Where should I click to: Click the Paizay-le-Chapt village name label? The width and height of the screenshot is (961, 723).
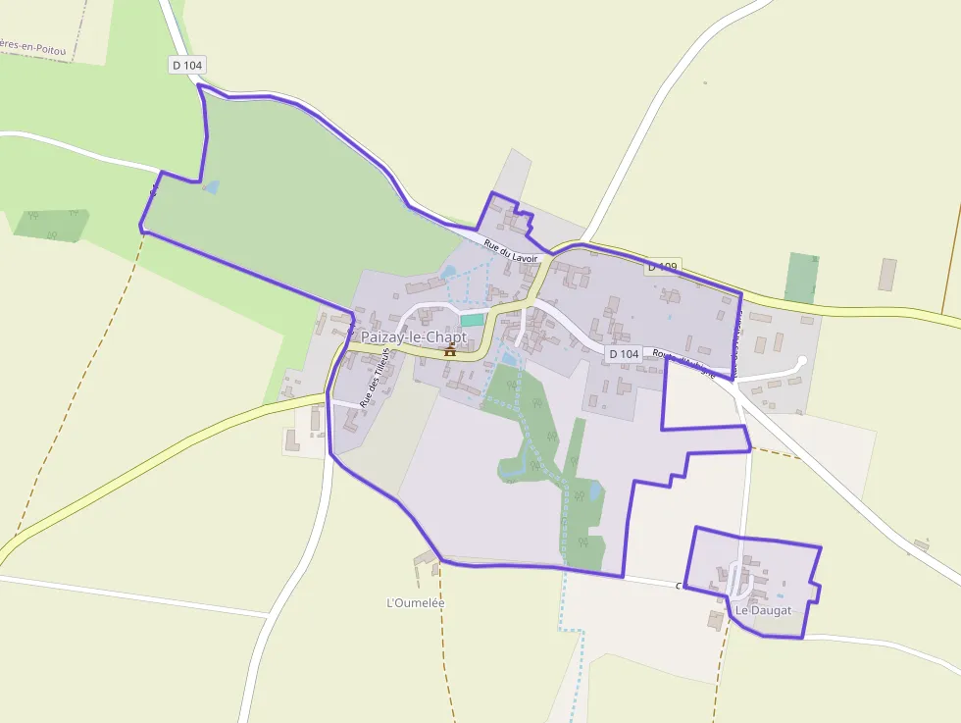point(415,336)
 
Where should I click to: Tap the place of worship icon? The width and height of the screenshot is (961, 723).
point(451,349)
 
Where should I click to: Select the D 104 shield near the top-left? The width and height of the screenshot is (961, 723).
point(186,65)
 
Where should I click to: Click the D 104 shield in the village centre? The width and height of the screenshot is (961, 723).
point(624,353)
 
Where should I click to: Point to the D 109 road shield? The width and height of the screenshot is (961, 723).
point(663,267)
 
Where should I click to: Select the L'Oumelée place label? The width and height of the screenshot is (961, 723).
point(416,603)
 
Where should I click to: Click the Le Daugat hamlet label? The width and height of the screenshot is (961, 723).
point(763,610)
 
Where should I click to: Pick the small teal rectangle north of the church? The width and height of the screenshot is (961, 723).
point(472,320)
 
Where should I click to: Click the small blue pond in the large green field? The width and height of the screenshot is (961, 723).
point(211,186)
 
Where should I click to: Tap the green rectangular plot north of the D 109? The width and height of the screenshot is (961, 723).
point(801,278)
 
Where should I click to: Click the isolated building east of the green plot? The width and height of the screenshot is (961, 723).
point(887,274)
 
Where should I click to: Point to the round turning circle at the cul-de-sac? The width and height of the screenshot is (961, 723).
point(800,362)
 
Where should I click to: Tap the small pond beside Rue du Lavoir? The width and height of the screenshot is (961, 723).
point(449,272)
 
